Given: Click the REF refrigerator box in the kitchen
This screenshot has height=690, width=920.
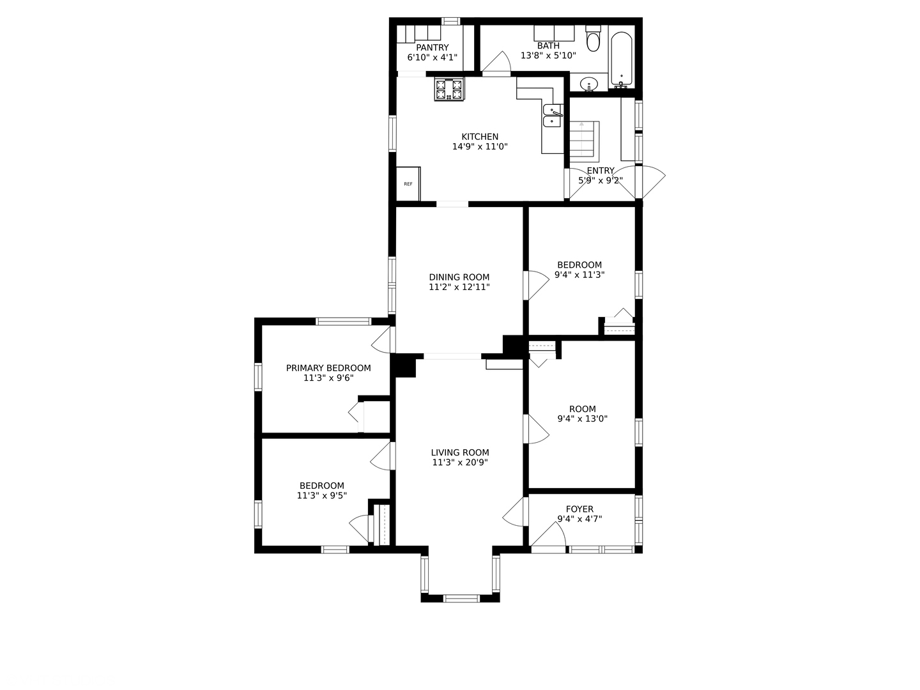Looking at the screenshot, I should pyautogui.click(x=408, y=184).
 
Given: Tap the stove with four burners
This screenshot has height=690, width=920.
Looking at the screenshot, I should pyautogui.click(x=448, y=89).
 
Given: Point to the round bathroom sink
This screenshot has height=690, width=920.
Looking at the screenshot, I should pyautogui.click(x=589, y=84).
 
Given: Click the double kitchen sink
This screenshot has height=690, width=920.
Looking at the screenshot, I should pyautogui.click(x=552, y=116).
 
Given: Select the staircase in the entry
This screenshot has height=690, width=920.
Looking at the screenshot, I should pyautogui.click(x=582, y=139).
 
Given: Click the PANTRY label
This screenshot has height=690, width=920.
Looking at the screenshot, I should pyautogui.click(x=433, y=47).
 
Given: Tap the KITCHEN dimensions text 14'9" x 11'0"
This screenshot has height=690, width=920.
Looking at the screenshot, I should pyautogui.click(x=480, y=146).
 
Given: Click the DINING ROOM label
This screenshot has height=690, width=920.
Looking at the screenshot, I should pyautogui.click(x=459, y=277).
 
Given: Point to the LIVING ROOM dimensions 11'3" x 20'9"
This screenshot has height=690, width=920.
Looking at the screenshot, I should pyautogui.click(x=460, y=463).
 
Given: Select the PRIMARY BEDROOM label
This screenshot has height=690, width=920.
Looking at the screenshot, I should pyautogui.click(x=328, y=368).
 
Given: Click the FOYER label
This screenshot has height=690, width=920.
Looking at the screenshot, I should pyautogui.click(x=579, y=509).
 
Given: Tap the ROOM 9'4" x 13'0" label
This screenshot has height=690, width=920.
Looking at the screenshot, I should pyautogui.click(x=582, y=414).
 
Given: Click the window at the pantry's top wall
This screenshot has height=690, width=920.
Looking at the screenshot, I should pyautogui.click(x=450, y=21).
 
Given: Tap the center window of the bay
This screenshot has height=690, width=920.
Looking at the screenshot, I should pyautogui.click(x=461, y=599).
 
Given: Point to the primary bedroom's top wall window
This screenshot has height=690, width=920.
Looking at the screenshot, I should pyautogui.click(x=344, y=321).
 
